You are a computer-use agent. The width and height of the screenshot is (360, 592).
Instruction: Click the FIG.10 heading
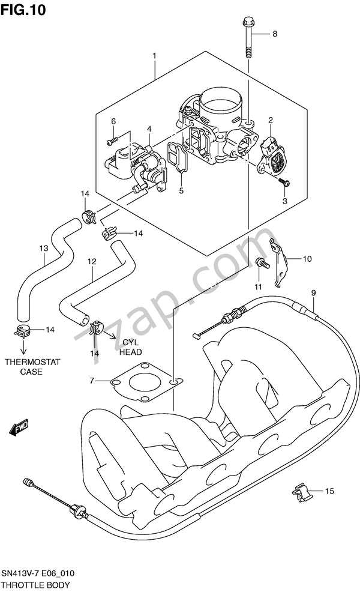pyautogui.click(x=23, y=10)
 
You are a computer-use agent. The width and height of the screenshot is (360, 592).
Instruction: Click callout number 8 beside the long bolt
pyautogui.click(x=275, y=34)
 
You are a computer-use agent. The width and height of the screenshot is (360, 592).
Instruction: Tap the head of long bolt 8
pyautogui.click(x=248, y=24)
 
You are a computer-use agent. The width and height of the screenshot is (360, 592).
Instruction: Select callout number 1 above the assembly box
pyautogui.click(x=154, y=56)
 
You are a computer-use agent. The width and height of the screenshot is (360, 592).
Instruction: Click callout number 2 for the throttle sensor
pyautogui.click(x=270, y=120)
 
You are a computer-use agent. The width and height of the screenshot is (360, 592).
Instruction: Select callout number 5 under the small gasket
pyautogui.click(x=181, y=191)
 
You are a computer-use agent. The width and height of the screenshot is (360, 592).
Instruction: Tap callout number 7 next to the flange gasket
pyautogui.click(x=92, y=381)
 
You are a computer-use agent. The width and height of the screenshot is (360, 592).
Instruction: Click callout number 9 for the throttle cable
pyautogui.click(x=313, y=292)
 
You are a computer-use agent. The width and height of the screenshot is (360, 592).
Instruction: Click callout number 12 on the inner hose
pyautogui.click(x=92, y=262)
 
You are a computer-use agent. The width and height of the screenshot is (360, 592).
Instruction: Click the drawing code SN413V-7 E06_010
pyautogui.click(x=42, y=575)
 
